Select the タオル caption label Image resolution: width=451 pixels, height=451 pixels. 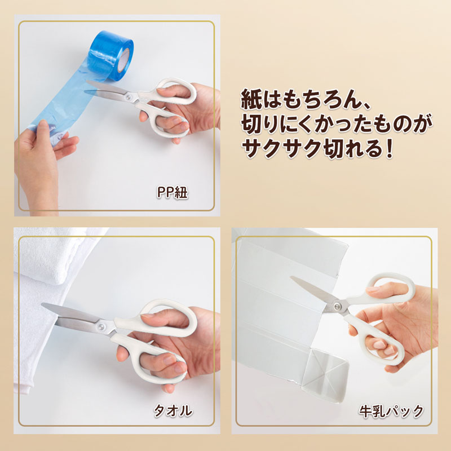pos(173,411)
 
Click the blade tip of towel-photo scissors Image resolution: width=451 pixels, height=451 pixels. pos(43,306)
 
